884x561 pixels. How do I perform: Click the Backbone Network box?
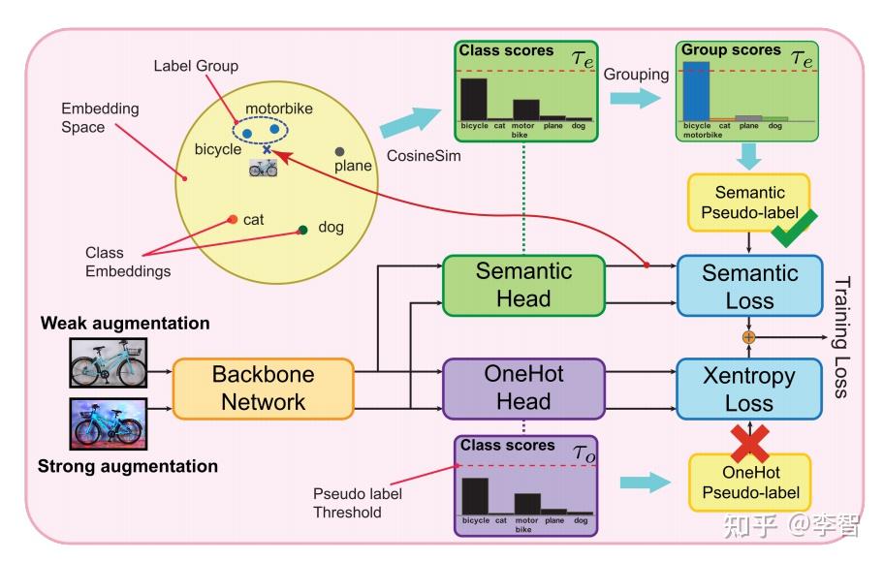[x=262, y=389]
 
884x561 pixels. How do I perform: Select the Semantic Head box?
[x=523, y=285]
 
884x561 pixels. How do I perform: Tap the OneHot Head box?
[x=523, y=389]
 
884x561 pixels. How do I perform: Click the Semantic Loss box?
[x=749, y=286]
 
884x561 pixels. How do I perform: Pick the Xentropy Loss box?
[x=749, y=389]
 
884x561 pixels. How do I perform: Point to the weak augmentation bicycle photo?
[x=108, y=362]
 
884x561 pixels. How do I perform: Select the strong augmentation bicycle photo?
[x=108, y=423]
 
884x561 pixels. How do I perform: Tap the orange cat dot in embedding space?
[x=232, y=219]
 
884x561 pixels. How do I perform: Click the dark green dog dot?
[x=303, y=230]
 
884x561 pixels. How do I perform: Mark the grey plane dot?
[x=339, y=152]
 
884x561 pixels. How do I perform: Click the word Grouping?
[x=636, y=74]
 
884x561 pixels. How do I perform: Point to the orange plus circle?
[x=748, y=337]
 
